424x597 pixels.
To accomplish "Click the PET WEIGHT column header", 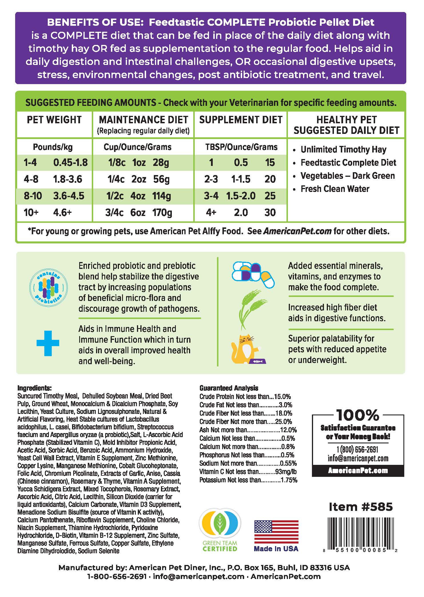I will (x=54, y=120).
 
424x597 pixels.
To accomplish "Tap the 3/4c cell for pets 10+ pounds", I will (x=115, y=213).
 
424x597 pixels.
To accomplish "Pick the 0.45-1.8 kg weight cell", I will (x=70, y=163).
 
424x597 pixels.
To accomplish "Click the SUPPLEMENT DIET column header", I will (x=241, y=120).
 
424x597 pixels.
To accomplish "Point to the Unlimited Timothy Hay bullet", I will (x=343, y=150).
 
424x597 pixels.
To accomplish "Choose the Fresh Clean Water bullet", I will (x=335, y=189).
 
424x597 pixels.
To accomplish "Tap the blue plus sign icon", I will (x=48, y=343).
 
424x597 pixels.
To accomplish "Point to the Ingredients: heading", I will (x=34, y=388).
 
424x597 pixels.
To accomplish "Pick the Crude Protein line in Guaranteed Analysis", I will (x=245, y=397).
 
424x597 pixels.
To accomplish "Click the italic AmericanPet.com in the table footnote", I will (x=297, y=231).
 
